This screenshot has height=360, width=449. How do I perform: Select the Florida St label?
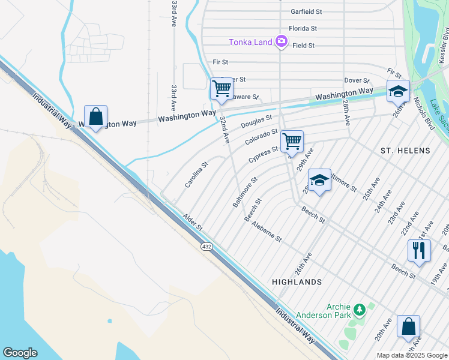coord(303,28)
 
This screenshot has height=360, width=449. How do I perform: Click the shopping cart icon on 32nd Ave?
coord(221,89)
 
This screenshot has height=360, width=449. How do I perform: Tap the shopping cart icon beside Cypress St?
coord(292,142)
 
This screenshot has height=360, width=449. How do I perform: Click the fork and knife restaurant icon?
coord(418,250)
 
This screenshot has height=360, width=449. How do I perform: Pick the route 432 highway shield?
coord(206,247)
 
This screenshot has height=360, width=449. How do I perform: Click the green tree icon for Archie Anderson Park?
coord(360,310)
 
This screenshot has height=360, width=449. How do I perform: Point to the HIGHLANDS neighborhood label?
coord(297,281)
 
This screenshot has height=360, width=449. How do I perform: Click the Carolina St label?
coord(196,174)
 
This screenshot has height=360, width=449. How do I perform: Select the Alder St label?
coord(193,222)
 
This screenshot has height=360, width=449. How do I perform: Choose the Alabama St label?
coord(267,231)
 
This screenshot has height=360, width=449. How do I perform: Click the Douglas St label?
coord(256,122)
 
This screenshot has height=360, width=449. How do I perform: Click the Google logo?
coord(20,353)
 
